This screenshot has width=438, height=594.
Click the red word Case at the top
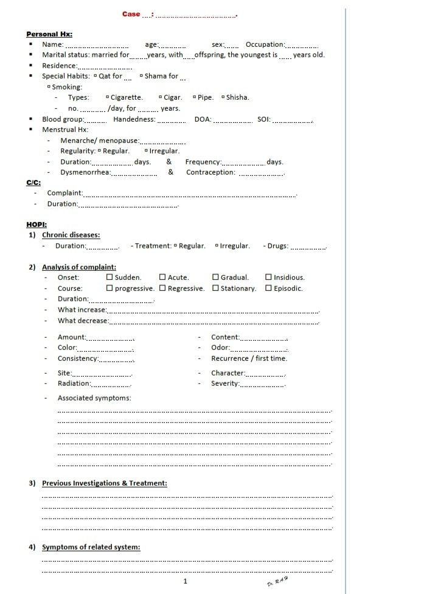[131, 14]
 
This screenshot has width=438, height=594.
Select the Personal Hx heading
[49, 34]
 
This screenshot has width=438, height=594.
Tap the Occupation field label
[265, 44]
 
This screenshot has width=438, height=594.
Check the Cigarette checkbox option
[108, 97]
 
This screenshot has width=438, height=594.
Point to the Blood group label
[61, 119]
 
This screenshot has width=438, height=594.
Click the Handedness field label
[134, 119]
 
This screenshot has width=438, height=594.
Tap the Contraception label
[210, 172]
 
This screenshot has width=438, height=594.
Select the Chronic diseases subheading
[71, 235]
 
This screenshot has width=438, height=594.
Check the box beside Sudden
[109, 278]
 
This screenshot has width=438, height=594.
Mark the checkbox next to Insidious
[269, 278]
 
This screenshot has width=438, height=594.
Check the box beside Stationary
[216, 288]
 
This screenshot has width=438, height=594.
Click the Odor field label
[220, 348]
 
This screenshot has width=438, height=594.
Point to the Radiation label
[74, 383]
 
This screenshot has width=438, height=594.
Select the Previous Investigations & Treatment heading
[104, 483]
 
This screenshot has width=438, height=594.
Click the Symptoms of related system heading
[91, 547]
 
